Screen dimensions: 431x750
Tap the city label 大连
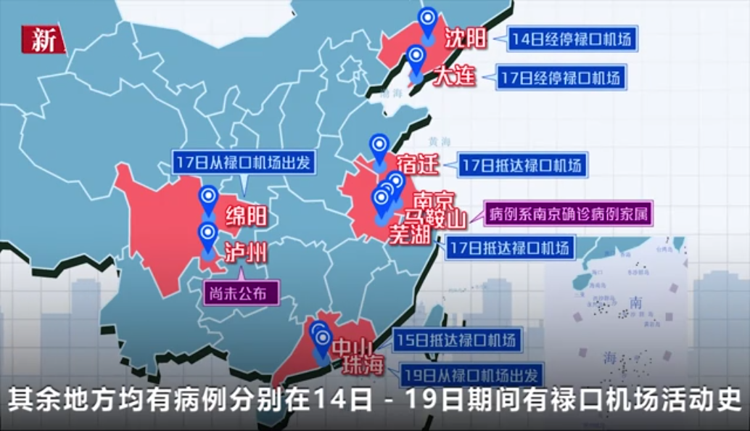455,75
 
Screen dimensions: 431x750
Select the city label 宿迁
419,165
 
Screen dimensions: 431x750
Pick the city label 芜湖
410,234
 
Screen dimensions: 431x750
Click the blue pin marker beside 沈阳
429,21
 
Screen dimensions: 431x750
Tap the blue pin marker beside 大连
416,59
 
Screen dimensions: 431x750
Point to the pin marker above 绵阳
209,199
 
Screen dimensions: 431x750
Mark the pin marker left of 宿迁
379,148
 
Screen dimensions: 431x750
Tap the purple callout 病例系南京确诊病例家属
568,214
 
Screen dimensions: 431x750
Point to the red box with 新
42,41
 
